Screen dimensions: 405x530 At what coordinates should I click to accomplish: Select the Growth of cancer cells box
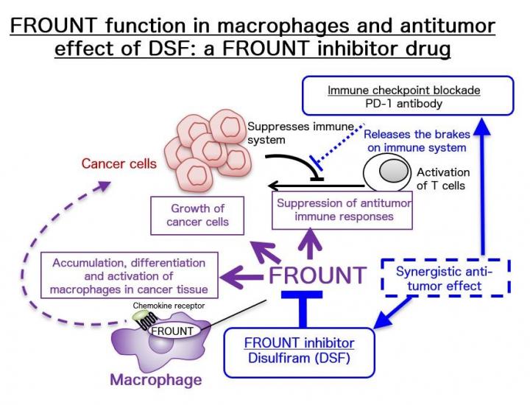click(197, 215)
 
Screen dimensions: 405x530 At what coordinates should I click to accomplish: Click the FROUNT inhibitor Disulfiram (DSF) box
click(299, 351)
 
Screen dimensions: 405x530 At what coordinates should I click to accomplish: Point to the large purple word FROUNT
click(317, 275)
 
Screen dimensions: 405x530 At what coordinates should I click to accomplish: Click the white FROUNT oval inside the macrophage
click(172, 331)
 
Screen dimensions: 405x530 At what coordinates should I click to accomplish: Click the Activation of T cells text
click(443, 179)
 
